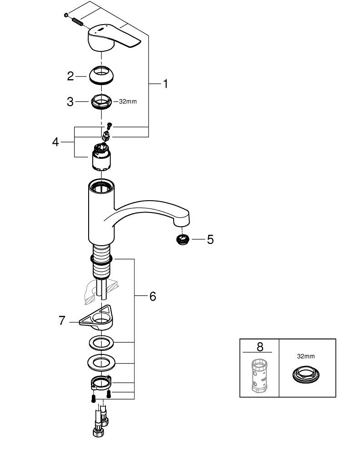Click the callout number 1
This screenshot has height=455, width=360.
(165, 84)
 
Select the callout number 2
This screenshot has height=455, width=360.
(70, 76)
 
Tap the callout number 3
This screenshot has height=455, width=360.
(70, 101)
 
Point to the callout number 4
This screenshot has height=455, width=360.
(55, 142)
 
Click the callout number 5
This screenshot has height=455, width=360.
(210, 239)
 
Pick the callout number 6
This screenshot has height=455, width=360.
(152, 296)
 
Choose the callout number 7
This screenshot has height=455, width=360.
(62, 320)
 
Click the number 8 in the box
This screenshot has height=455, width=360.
(260, 347)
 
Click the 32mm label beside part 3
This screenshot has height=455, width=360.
(128, 101)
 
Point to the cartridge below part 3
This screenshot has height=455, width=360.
(103, 157)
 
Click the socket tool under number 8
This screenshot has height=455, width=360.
(259, 375)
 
